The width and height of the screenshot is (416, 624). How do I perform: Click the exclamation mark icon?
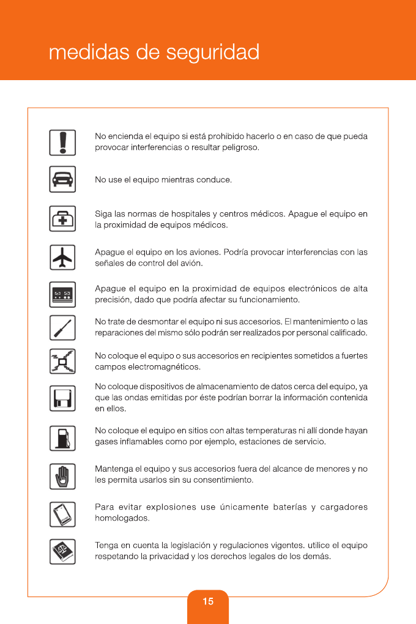[62, 143]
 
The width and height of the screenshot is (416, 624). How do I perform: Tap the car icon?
[62, 179]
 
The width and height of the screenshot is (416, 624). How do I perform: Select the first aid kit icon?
[62, 219]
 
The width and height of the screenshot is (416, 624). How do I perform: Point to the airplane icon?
[62, 257]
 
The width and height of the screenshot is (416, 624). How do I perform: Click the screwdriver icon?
[62, 329]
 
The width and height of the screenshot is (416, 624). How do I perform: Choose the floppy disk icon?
[62, 398]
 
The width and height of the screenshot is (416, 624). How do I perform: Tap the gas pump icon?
[62, 438]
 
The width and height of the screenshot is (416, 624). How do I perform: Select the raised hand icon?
[62, 475]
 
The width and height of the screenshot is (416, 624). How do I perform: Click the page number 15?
[208, 601]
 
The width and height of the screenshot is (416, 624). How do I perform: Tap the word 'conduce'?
[216, 180]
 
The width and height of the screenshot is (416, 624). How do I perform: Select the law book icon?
[62, 551]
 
